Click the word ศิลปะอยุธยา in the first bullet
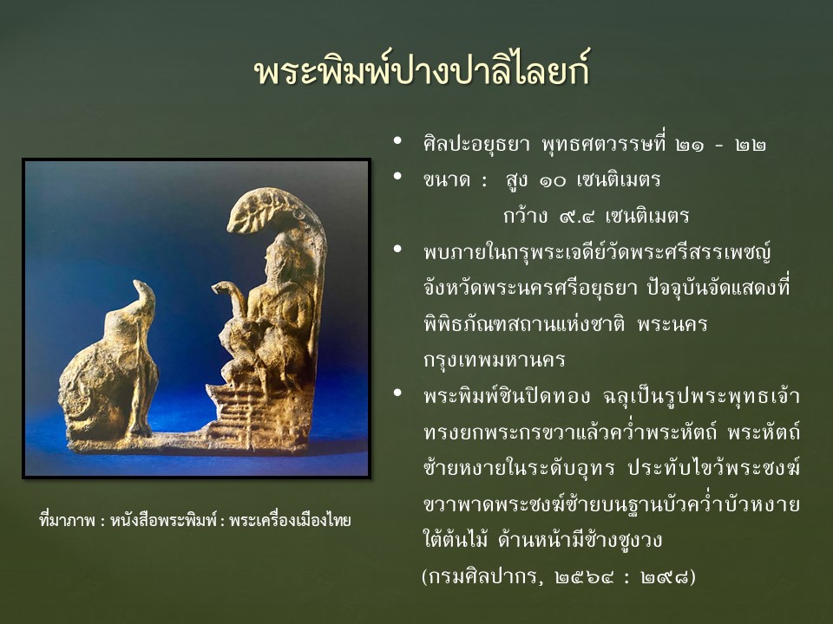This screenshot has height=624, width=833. (x=476, y=145)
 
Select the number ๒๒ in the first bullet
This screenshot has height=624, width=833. (x=750, y=145)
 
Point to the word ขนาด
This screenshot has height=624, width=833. (x=447, y=180)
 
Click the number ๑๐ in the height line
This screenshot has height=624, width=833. (x=553, y=181)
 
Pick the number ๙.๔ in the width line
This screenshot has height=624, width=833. (x=576, y=217)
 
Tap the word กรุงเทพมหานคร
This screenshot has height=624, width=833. (x=494, y=361)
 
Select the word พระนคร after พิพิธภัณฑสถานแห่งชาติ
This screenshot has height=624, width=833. (x=672, y=323)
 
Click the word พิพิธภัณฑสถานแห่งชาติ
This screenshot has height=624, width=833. (x=524, y=323)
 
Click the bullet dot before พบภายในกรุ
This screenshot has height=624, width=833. (x=397, y=250)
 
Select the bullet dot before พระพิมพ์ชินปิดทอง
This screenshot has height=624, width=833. (x=397, y=393)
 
